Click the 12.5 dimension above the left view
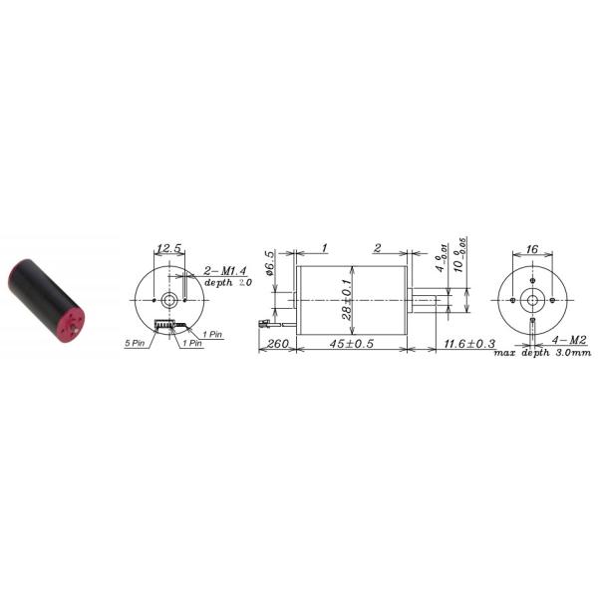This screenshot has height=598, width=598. coord(168,248)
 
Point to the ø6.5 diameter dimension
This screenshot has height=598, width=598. coord(270,268)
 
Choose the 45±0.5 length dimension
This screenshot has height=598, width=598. coord(352,345)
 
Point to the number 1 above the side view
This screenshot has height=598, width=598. coord(325,248)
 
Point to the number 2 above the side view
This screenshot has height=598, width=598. coord(378,248)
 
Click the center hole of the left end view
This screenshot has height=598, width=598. coord(170,299)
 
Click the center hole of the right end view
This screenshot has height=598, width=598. coord(532,299)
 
